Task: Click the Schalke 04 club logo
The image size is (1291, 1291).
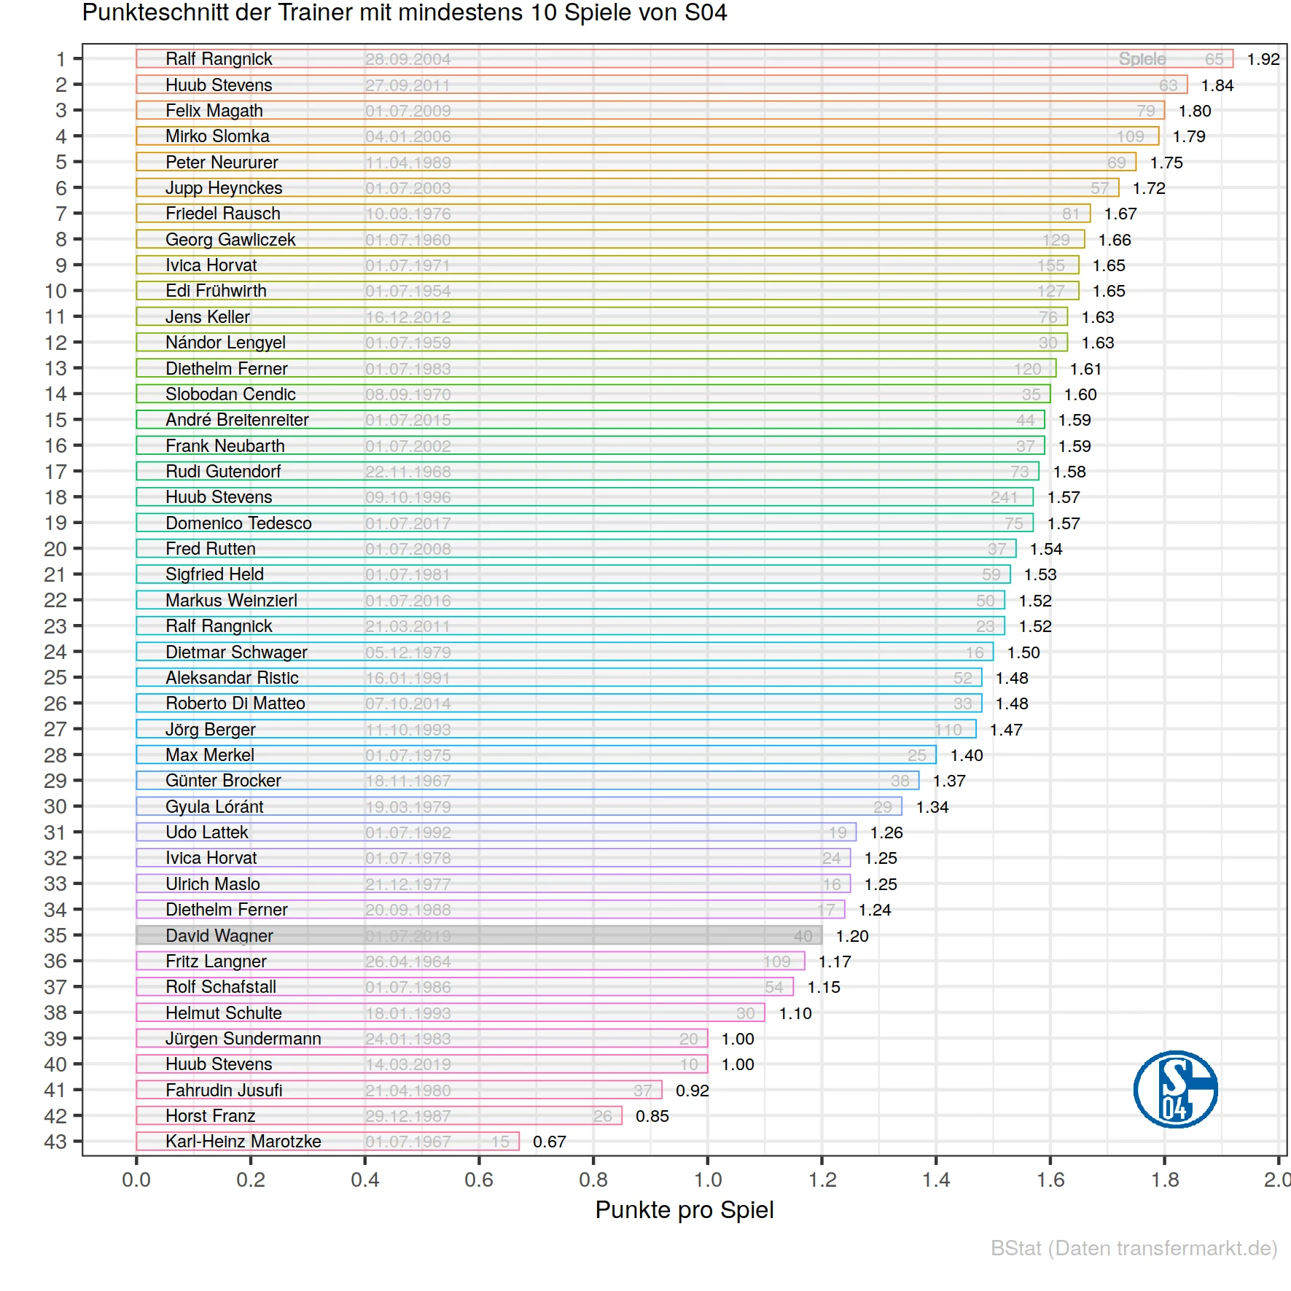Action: coord(1175,1089)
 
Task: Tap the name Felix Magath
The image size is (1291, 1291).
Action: coord(214,111)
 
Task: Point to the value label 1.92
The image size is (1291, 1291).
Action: coord(1263,59)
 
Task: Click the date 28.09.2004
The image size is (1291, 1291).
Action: coord(407,59)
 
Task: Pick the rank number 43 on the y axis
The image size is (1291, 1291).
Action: coord(55,1142)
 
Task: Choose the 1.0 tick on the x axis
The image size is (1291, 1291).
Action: coord(707,1179)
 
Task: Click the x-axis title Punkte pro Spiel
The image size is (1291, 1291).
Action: coord(684,1210)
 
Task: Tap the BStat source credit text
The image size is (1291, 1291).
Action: coord(1134,1248)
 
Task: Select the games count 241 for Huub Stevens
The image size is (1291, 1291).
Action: coord(1003,497)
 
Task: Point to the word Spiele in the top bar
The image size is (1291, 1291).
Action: coord(1142,59)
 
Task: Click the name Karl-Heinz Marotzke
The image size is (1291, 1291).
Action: coord(243,1142)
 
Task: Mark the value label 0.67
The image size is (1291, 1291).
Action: coord(549,1142)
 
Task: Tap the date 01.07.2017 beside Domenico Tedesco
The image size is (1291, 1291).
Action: coord(407,523)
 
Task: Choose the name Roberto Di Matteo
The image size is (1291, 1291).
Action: coord(235,703)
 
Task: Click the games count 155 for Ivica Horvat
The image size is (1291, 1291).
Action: coord(1050,265)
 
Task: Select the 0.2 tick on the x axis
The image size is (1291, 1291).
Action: coord(251,1179)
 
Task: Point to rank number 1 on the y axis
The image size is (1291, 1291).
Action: coord(61,59)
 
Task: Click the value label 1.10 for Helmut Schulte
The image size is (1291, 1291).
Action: coord(795,1013)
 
